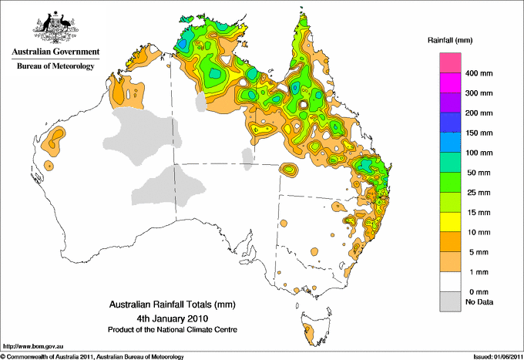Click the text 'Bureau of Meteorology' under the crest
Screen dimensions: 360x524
pos(55,66)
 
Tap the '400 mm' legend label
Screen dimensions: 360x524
pos(477,75)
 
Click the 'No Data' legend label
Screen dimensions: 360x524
pos(478,301)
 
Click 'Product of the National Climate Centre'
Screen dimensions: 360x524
pos(173,329)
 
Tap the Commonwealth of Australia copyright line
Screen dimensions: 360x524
pos(92,355)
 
